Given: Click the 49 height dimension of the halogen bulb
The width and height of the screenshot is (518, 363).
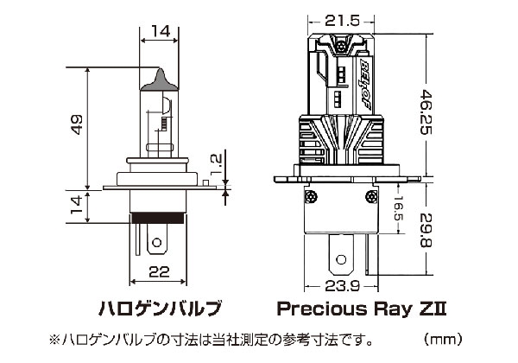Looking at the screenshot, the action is (x=77, y=124).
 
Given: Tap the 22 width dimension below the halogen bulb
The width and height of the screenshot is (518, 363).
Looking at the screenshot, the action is (x=159, y=271).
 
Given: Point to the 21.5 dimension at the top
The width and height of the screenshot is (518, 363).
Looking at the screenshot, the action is (x=342, y=21).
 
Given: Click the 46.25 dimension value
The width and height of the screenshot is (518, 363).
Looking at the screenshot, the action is (x=426, y=112).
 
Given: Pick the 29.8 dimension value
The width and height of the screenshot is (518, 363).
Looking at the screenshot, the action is (x=426, y=231).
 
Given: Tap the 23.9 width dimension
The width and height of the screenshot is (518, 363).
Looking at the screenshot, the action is (x=342, y=286).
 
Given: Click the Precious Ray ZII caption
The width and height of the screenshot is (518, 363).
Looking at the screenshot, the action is (x=362, y=309).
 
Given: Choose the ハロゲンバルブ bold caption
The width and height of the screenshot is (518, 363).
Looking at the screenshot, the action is (x=160, y=309).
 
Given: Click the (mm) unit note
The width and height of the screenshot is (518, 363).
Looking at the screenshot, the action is (x=443, y=339).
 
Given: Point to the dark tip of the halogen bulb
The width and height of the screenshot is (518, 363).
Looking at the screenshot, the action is (x=160, y=80).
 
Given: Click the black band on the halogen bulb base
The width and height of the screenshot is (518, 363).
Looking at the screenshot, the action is (x=158, y=218).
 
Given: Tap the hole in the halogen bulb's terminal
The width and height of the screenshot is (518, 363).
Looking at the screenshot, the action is (x=157, y=243).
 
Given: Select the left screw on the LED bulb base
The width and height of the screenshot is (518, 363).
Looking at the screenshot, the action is (x=311, y=197).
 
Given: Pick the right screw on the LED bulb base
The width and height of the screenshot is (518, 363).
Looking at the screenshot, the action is (x=371, y=197).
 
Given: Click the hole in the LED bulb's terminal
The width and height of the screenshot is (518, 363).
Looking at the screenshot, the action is (x=341, y=259).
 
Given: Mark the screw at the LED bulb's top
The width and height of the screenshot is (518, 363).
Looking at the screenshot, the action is (x=341, y=46).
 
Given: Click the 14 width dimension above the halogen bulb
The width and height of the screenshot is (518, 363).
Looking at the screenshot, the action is (x=161, y=31).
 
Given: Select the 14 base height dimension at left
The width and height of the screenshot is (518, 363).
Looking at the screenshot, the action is (x=77, y=205).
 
